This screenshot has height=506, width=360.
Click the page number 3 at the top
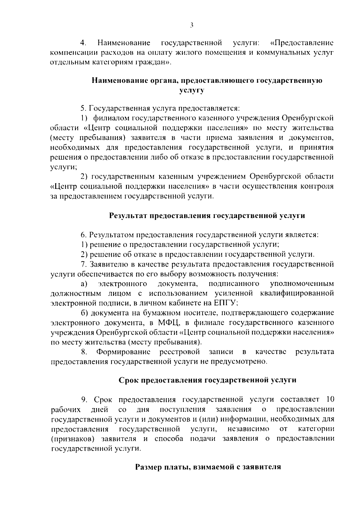192,25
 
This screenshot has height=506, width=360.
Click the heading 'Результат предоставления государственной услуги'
207,216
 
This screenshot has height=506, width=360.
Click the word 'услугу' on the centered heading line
192,90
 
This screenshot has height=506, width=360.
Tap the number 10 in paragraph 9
330,400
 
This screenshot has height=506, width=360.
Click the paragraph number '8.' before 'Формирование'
84,352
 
